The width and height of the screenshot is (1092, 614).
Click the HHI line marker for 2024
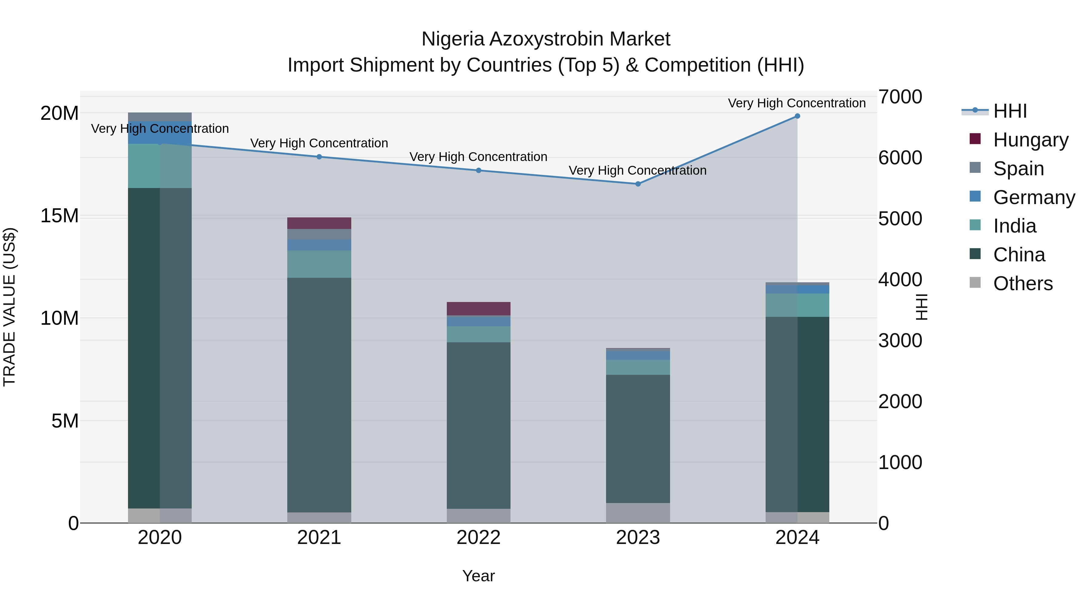coord(797,116)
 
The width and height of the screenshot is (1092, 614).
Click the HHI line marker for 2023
coord(638,184)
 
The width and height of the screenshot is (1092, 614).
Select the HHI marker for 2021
coord(319,157)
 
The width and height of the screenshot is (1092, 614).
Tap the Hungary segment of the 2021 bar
coord(319,223)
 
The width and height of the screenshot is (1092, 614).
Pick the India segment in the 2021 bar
coord(319,264)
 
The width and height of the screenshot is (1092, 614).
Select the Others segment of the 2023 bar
coord(638,513)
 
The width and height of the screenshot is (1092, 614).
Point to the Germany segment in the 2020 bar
coord(160,133)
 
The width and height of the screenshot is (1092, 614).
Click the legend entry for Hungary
coord(1030,140)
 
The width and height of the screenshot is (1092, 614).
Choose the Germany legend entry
coord(1033,197)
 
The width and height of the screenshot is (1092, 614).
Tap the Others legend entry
coord(1023,284)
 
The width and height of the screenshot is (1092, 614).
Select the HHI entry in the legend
coord(1010,111)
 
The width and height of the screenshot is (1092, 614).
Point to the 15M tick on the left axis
coord(59,216)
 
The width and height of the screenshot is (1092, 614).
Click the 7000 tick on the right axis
coord(900,97)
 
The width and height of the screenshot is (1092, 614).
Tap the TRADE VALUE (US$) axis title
coord(9,307)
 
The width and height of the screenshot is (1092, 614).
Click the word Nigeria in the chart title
coord(453,39)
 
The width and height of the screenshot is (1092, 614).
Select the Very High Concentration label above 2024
coord(797,103)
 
